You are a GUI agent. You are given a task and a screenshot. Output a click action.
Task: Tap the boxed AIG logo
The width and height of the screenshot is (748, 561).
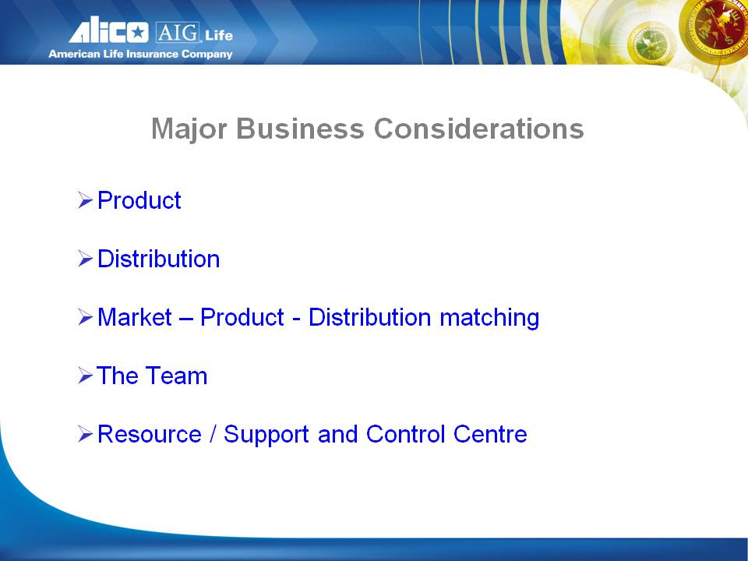click(x=177, y=33)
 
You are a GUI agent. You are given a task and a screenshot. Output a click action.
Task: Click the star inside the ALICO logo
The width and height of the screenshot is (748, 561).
click(x=138, y=33)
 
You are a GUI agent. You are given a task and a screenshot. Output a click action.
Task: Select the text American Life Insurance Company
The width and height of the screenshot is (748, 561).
click(x=140, y=54)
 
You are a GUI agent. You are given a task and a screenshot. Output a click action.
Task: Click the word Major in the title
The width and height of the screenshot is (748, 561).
click(x=189, y=129)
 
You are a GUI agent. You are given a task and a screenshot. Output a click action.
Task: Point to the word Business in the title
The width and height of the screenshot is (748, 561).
click(x=300, y=129)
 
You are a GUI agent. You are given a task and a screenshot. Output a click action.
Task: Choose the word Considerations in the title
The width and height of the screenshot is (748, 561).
click(x=478, y=129)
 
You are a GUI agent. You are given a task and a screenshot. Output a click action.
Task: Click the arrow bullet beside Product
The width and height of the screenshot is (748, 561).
click(x=85, y=200)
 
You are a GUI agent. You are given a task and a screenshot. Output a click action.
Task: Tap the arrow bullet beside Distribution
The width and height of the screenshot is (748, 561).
click(x=85, y=259)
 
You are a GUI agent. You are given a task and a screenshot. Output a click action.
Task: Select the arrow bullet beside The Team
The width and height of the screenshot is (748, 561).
click(x=85, y=376)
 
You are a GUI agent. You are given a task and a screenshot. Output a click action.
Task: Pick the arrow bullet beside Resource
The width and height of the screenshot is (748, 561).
click(x=85, y=434)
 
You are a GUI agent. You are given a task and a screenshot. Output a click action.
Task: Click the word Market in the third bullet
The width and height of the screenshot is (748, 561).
click(x=135, y=317)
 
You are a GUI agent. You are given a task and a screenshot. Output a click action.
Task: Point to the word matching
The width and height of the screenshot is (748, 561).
click(x=489, y=318)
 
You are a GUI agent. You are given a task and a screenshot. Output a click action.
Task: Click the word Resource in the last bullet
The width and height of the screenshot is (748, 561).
click(x=150, y=434)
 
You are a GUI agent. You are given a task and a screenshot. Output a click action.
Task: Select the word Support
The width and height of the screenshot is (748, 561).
click(x=266, y=435)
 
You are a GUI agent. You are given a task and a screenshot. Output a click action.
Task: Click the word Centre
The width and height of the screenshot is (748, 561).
click(x=490, y=434)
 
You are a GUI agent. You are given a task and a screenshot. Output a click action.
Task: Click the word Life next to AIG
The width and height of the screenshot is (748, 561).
click(x=219, y=35)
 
